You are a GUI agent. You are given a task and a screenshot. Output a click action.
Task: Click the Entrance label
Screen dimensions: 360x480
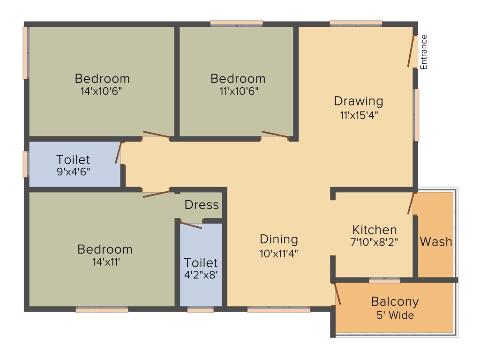pyautogui.click(x=424, y=52)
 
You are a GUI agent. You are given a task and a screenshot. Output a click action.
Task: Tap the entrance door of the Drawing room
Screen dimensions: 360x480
pyautogui.click(x=412, y=51)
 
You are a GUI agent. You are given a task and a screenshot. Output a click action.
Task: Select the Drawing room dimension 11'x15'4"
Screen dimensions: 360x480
pyautogui.click(x=359, y=115)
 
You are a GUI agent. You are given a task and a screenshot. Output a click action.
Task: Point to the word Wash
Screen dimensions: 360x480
pyautogui.click(x=435, y=242)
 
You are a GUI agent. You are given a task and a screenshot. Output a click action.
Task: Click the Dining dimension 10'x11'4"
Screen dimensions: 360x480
pyautogui.click(x=279, y=253)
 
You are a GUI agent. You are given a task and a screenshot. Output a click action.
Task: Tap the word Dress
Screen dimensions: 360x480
pyautogui.click(x=202, y=205)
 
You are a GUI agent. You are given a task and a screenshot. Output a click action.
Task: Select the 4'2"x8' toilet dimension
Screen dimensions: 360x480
pyautogui.click(x=201, y=275)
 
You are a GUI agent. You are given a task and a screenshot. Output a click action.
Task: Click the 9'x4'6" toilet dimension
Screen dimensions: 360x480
pyautogui.click(x=73, y=171)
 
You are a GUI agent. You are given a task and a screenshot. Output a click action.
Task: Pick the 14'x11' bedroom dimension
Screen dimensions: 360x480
pyautogui.click(x=105, y=262)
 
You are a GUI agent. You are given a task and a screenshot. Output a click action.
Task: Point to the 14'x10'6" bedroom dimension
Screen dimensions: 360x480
pyautogui.click(x=101, y=91)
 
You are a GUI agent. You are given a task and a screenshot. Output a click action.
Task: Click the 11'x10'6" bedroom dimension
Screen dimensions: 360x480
pyautogui.click(x=238, y=91)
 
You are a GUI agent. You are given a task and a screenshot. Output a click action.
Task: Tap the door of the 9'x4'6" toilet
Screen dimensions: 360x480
pyautogui.click(x=119, y=152)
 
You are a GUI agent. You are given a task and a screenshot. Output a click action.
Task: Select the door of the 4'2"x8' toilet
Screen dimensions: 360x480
pyautogui.click(x=191, y=225)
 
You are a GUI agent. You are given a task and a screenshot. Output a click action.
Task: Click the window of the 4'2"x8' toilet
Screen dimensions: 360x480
pyautogui.click(x=200, y=309)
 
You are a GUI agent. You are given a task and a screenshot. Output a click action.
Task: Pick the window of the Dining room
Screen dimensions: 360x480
pyautogui.click(x=279, y=309)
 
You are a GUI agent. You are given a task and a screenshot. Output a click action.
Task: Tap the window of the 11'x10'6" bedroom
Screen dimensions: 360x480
pyautogui.click(x=236, y=23)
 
